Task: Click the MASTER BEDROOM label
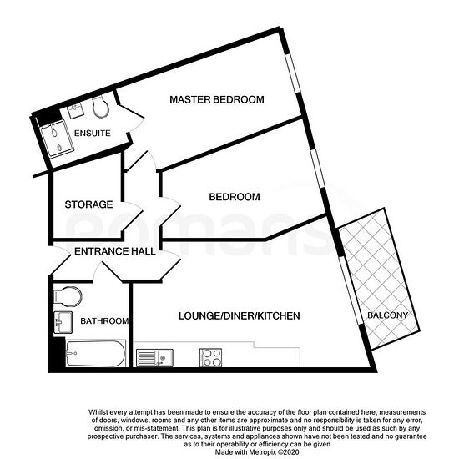[217, 100]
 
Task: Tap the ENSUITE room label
[92, 134]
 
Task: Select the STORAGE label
[88, 204]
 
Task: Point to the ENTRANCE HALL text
[115, 251]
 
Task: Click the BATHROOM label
[104, 321]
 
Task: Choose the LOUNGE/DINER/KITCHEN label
[240, 315]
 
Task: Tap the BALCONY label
[387, 315]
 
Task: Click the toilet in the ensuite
[100, 107]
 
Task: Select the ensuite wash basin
[75, 111]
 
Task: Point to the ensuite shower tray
[57, 139]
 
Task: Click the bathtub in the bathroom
[96, 353]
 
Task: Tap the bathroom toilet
[68, 296]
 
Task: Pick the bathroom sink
[63, 322]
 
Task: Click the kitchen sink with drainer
[154, 358]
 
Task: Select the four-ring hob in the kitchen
[210, 357]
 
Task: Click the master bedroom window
[293, 73]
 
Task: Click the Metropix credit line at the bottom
[257, 452]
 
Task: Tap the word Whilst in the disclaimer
[98, 412]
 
